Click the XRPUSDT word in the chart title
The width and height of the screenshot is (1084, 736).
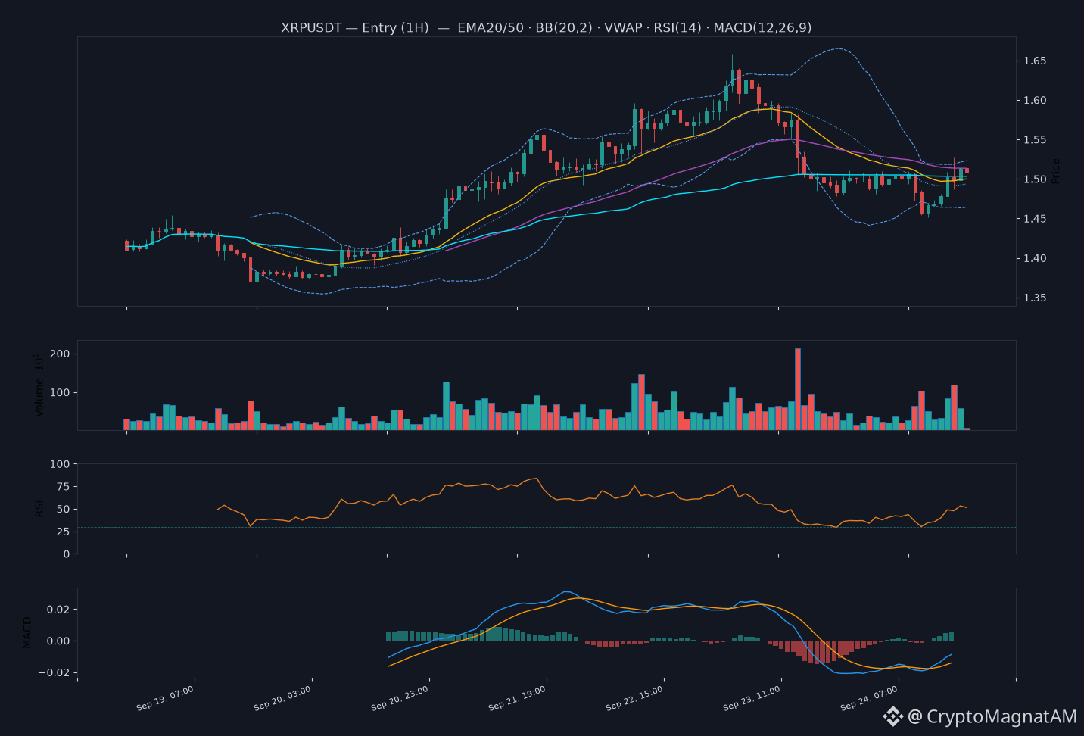tap(311, 27)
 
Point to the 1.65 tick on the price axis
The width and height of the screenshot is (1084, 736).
tap(1035, 61)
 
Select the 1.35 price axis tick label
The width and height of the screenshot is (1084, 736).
tap(1035, 298)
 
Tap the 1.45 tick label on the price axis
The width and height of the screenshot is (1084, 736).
tap(1035, 219)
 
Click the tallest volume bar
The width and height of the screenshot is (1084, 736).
tap(798, 388)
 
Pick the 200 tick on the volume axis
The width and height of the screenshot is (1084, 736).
tap(60, 354)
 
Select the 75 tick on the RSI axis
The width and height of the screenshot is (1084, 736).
tap(64, 487)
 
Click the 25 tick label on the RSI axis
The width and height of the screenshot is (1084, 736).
tap(64, 532)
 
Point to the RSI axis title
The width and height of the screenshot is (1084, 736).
tap(39, 508)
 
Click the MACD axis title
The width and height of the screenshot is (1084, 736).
tap(27, 632)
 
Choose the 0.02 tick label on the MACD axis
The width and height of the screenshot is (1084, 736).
tap(58, 609)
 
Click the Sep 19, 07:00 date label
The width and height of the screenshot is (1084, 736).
tap(165, 698)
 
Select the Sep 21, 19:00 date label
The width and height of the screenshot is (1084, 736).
tap(517, 698)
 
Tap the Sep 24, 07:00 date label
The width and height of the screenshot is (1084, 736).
tap(869, 698)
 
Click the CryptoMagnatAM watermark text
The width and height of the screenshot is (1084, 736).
tap(1001, 716)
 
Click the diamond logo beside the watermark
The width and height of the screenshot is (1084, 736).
tap(892, 716)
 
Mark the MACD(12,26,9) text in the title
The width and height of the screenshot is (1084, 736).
tap(762, 27)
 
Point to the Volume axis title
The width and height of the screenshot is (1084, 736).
tap(39, 385)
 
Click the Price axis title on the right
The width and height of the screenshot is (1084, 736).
tap(1055, 171)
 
